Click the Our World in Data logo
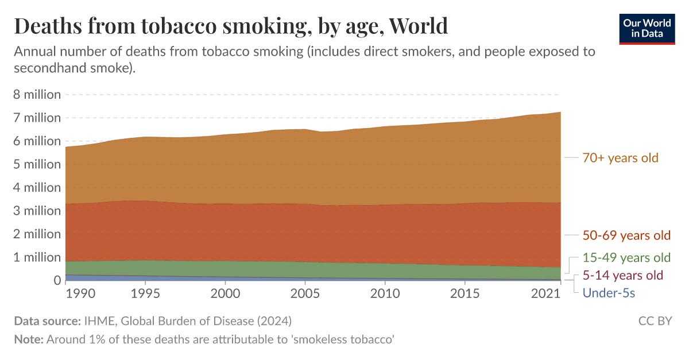click(647, 28)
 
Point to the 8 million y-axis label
click(37, 95)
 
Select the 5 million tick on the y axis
click(37, 164)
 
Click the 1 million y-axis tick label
click(37, 257)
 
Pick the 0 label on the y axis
click(56, 280)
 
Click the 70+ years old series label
click(620, 157)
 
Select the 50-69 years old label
click(626, 235)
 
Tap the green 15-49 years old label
click(626, 257)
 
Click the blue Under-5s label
click(609, 293)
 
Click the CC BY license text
click(655, 320)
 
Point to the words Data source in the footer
click(48, 320)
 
